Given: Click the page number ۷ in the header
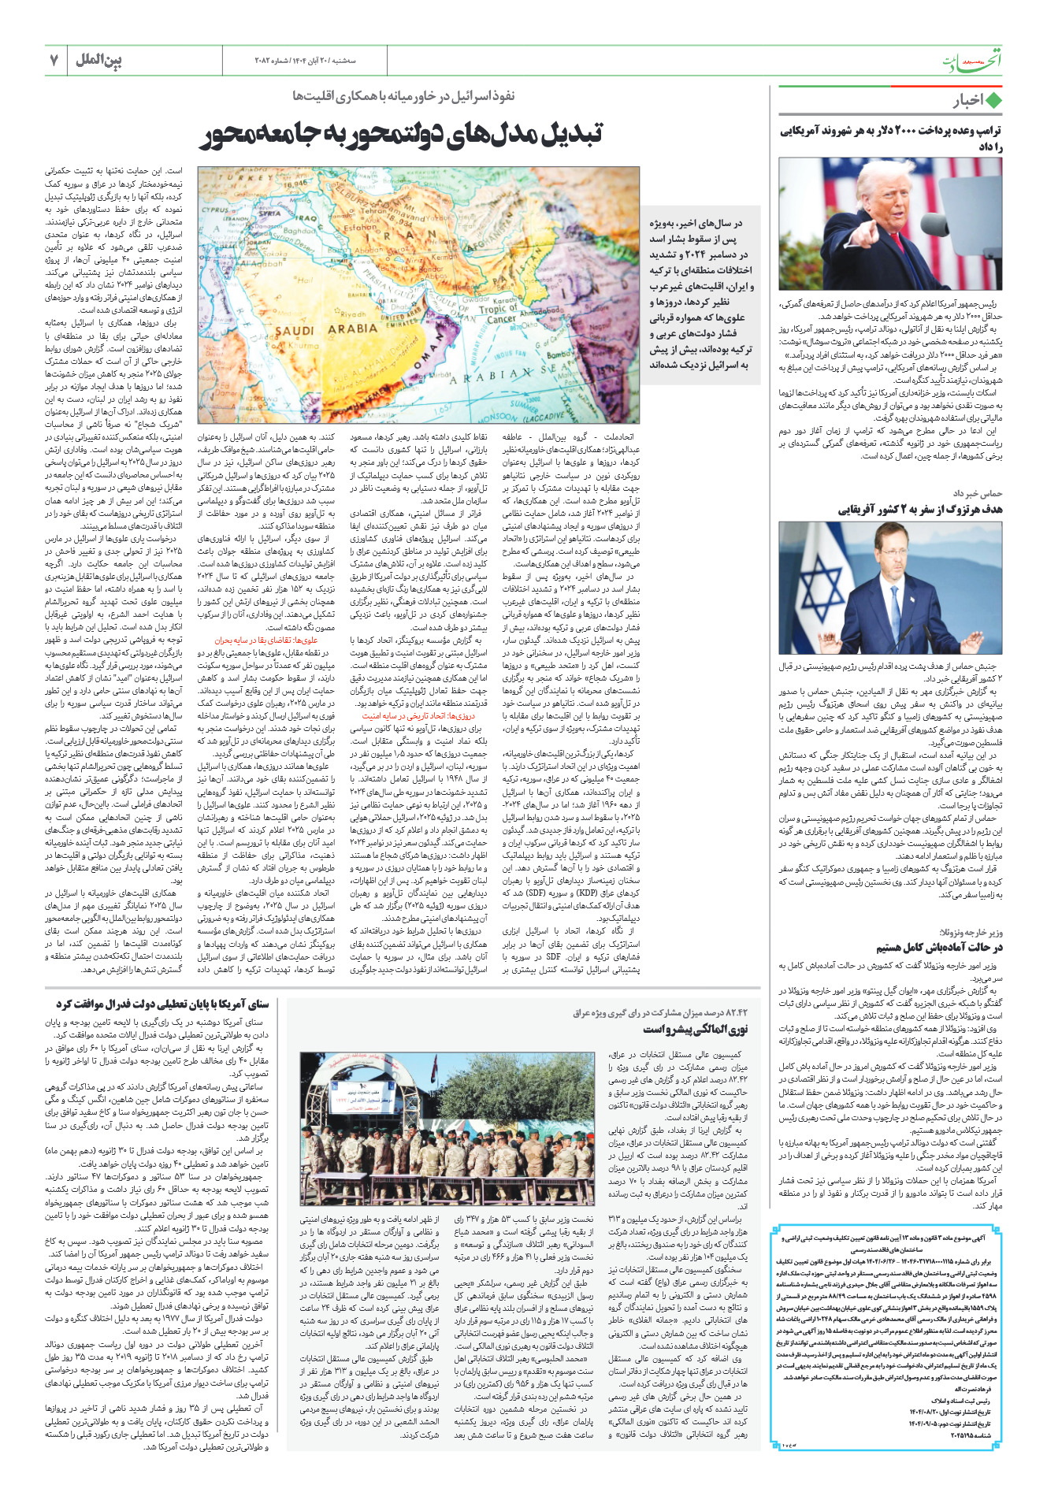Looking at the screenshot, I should coord(54,61).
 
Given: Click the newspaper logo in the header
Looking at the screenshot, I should coord(973,61).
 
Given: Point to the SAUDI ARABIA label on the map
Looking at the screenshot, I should coord(327,331).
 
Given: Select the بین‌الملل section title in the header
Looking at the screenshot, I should coord(98,60).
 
